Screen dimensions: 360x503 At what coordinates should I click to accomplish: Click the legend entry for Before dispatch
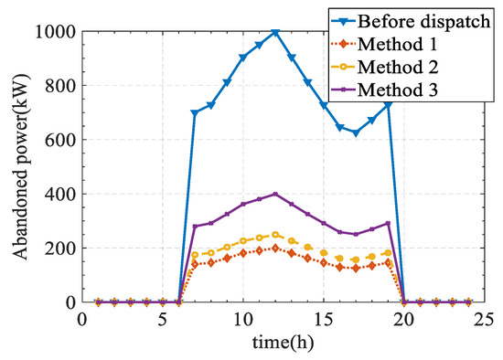pyautogui.click(x=416, y=20)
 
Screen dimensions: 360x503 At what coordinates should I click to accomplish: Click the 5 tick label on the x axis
pyautogui.click(x=162, y=319)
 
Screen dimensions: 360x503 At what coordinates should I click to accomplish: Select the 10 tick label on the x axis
pyautogui.click(x=242, y=319)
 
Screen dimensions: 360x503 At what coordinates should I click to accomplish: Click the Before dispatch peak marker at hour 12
pyautogui.click(x=275, y=32)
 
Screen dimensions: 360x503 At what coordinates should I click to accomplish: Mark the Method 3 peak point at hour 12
pyautogui.click(x=275, y=194)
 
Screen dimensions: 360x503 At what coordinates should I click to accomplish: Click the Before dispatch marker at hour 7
pyautogui.click(x=195, y=113)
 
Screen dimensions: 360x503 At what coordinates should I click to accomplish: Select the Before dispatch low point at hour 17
pyautogui.click(x=356, y=132)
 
